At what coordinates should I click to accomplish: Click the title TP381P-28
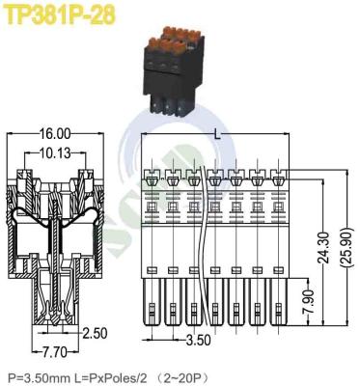click(54, 14)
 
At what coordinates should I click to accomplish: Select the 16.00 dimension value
click(56, 133)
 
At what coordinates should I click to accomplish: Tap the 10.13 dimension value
click(54, 152)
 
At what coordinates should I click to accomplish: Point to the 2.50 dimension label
click(94, 333)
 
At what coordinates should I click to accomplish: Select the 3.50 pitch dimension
click(198, 341)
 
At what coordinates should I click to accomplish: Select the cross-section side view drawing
click(56, 246)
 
